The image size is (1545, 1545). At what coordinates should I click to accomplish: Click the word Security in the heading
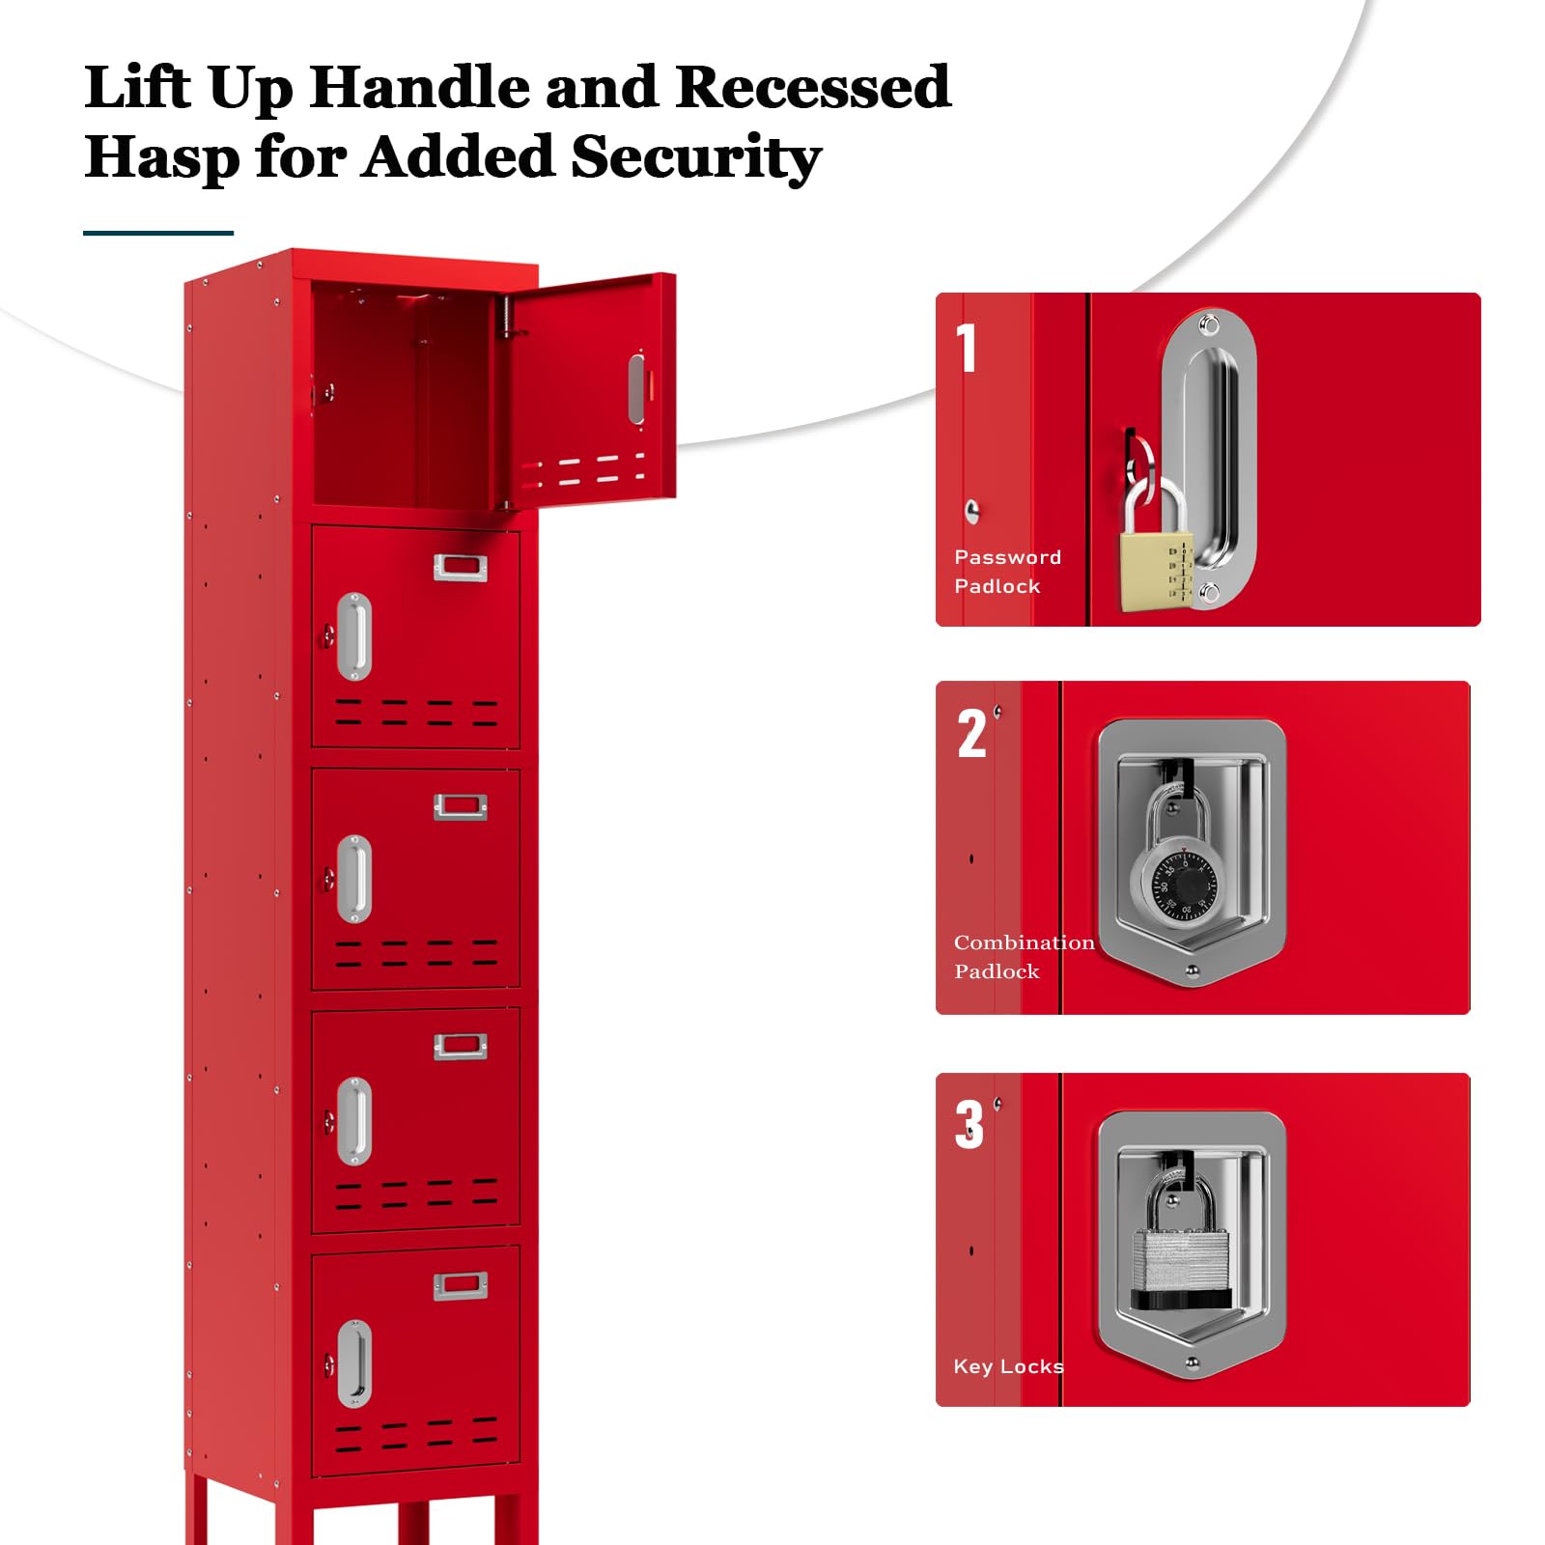[696, 157]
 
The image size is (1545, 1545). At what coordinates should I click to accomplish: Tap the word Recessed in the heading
[813, 87]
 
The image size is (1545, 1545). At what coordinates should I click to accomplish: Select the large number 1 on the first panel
[967, 348]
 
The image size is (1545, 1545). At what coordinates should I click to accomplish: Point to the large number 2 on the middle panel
[972, 733]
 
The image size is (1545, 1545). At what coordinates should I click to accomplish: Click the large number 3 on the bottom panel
[969, 1125]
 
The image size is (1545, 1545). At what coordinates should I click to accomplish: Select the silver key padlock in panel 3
[1181, 1246]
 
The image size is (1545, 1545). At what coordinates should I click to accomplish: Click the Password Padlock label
[1007, 572]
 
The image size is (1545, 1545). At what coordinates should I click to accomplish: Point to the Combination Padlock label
[1024, 957]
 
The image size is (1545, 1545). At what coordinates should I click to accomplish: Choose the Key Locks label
[1008, 1366]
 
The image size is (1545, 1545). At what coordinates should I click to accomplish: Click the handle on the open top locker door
[636, 389]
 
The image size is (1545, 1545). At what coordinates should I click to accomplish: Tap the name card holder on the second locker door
[461, 568]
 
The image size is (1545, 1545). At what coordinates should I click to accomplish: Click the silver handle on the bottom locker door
[354, 1364]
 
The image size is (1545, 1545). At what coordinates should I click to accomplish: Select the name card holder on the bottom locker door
[461, 1285]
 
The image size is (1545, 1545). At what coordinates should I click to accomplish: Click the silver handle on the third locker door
[354, 879]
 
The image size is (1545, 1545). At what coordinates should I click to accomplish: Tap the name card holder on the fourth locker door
[461, 1046]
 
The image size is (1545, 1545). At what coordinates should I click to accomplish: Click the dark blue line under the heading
[158, 233]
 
